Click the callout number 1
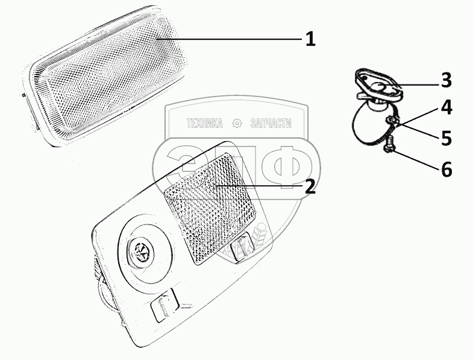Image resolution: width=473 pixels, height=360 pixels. click(x=309, y=40)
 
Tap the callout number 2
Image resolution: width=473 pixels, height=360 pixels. click(x=309, y=186)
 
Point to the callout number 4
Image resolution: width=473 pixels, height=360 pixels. click(x=446, y=108)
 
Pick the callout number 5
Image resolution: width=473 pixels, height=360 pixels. click(x=446, y=138)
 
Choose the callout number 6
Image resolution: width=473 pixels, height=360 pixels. click(x=446, y=169)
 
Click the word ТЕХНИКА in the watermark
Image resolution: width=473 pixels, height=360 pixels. click(x=205, y=124)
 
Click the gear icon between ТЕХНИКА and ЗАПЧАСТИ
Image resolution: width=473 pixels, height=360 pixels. click(x=237, y=124)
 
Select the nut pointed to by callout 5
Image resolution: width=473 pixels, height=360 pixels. click(x=390, y=124)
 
